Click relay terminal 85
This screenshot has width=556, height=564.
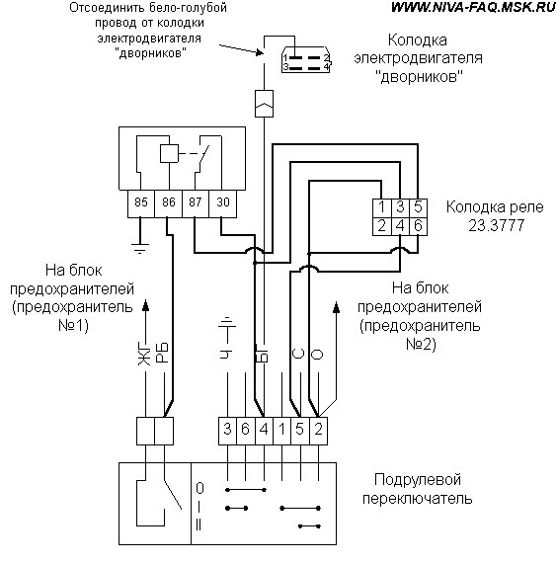pos(141,203)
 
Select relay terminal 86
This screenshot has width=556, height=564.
pos(168,203)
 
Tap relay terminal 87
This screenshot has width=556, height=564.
pos(196,203)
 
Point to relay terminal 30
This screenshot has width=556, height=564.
pos(222,203)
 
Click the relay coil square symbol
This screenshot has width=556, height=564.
pos(169,153)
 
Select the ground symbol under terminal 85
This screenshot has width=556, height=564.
pos(140,248)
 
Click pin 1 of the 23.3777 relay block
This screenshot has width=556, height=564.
pos(381,207)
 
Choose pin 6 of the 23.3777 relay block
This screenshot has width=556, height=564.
pos(418,226)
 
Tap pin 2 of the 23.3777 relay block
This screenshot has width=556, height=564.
pos(381,226)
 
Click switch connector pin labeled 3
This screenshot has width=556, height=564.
pos(228,431)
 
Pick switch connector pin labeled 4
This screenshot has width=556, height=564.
pos(264,431)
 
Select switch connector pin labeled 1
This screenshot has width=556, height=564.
pos(282,431)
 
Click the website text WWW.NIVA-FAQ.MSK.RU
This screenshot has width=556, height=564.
pos(473,7)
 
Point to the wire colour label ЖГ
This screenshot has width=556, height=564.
pos(144,355)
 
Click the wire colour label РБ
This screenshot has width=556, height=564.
pos(162,353)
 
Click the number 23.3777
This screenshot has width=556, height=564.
pos(497,225)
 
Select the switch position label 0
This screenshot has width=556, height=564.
pos(199,488)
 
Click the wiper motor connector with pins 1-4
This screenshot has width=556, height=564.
pos(306,59)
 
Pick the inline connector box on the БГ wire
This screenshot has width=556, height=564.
pos(264,104)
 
